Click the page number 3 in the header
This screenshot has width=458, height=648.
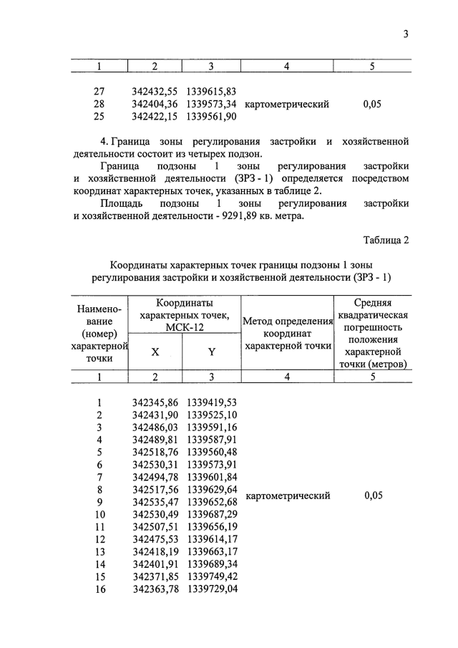[x=405, y=34]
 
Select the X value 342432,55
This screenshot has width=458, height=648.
[x=155, y=92]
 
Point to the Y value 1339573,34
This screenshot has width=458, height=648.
[x=211, y=105]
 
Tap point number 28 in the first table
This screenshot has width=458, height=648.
[x=99, y=105]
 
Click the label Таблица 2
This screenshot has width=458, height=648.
[x=386, y=240]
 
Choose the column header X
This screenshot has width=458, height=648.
[x=155, y=352]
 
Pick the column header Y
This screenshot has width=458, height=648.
[x=211, y=352]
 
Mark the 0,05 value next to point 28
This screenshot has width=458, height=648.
[x=371, y=105]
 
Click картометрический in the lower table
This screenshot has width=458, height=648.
[x=288, y=495]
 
